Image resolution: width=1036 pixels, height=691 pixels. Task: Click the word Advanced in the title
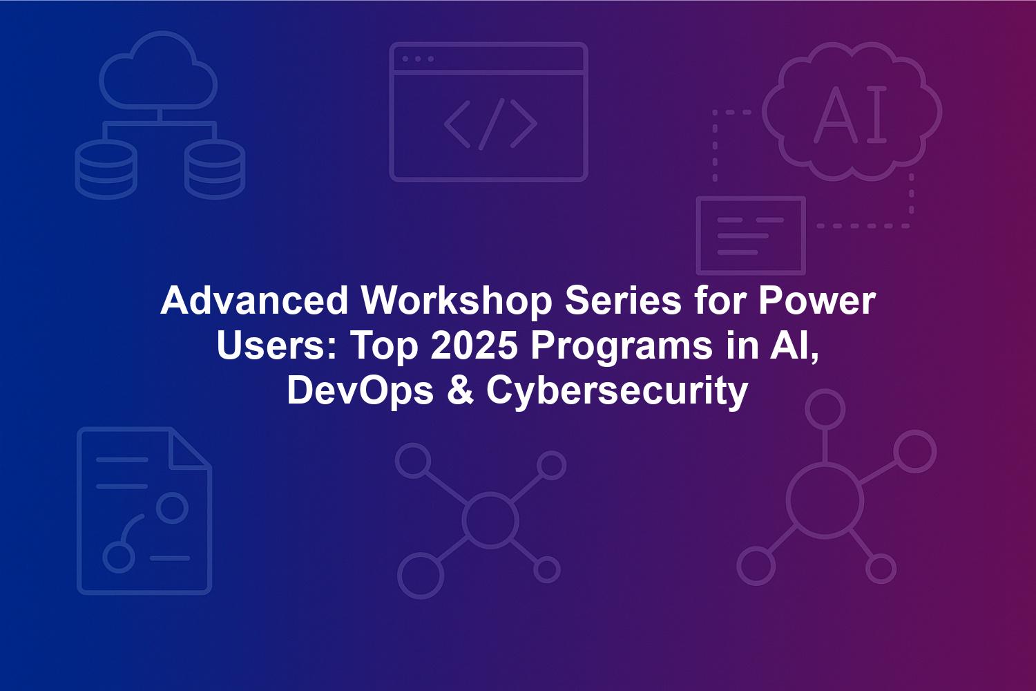(x=254, y=301)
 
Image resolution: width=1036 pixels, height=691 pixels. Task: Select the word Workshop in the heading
(x=457, y=301)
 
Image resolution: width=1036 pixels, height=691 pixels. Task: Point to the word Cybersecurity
(x=617, y=392)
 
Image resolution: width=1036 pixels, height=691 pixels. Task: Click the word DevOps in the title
(x=361, y=392)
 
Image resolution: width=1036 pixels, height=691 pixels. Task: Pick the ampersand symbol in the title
(x=460, y=392)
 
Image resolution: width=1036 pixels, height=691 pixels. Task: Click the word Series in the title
(x=623, y=301)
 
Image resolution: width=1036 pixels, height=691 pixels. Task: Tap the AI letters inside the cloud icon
(x=850, y=114)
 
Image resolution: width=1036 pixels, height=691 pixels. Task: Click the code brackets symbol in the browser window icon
(x=490, y=124)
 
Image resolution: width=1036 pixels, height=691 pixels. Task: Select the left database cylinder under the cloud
(x=106, y=169)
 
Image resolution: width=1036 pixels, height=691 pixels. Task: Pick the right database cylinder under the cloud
(x=215, y=169)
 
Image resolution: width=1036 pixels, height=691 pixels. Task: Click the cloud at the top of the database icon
(x=158, y=70)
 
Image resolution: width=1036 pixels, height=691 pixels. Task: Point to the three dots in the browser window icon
(x=418, y=59)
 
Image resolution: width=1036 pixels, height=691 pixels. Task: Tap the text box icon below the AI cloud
(x=751, y=236)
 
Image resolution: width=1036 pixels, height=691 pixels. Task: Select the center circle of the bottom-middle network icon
(x=490, y=520)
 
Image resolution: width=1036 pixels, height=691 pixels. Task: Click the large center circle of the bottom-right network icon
(x=825, y=502)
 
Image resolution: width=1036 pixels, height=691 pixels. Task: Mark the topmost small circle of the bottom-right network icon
(x=825, y=409)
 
